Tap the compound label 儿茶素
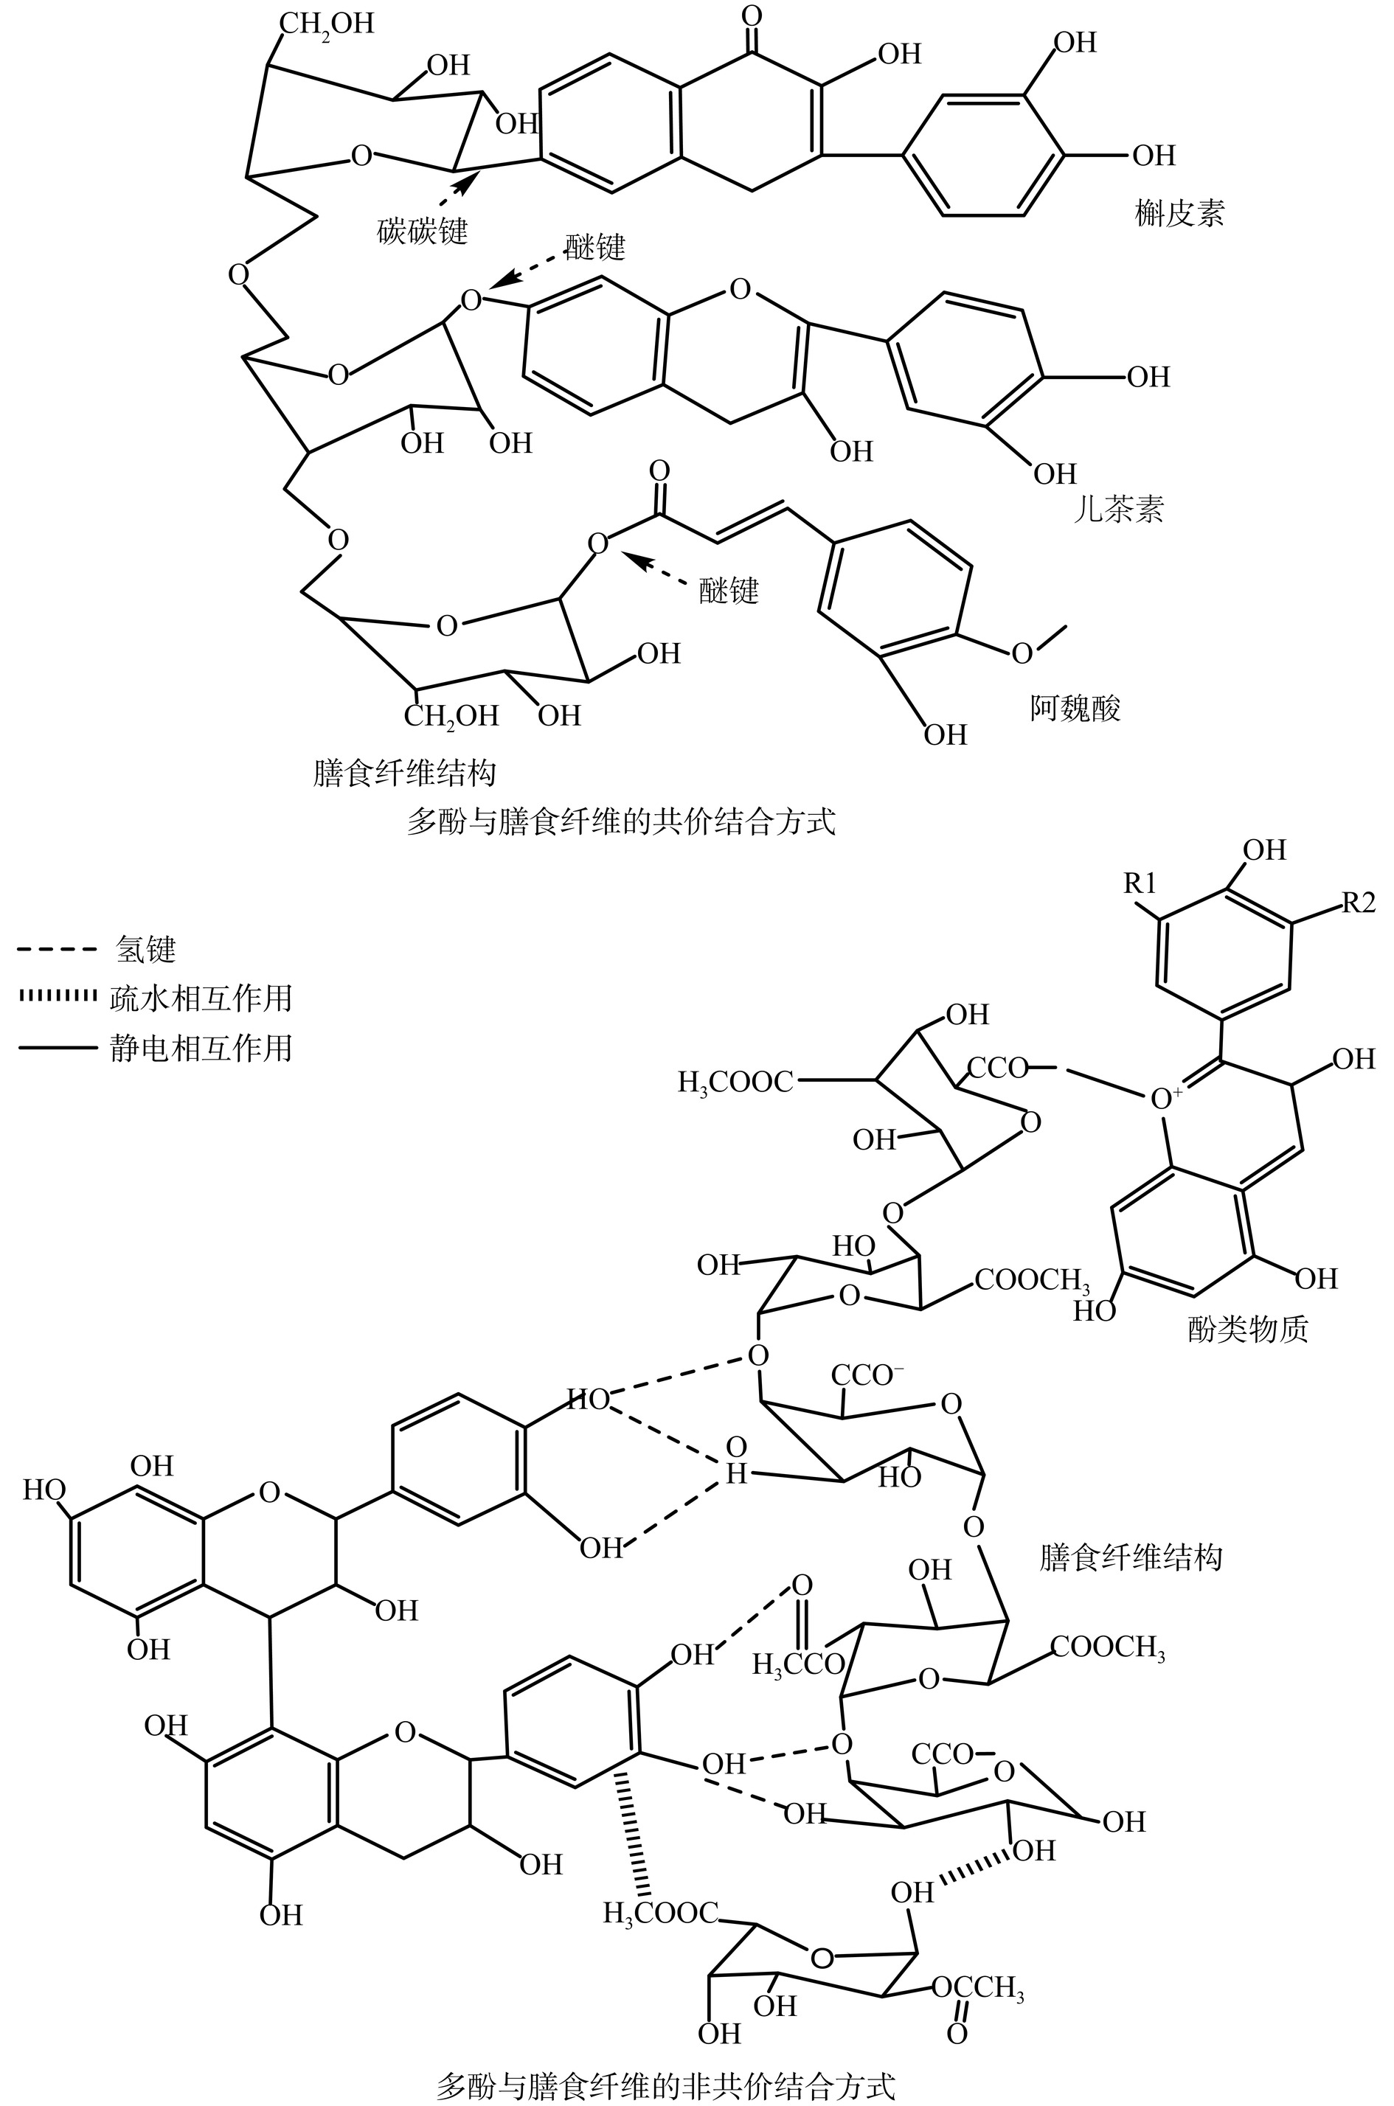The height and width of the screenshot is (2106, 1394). click(1118, 510)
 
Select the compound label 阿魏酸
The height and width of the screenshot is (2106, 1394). click(1075, 708)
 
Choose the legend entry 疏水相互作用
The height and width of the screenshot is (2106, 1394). click(201, 998)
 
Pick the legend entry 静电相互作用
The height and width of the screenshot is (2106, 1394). click(201, 1048)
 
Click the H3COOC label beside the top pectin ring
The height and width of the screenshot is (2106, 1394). click(735, 1082)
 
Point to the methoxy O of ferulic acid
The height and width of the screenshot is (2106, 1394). click(1023, 653)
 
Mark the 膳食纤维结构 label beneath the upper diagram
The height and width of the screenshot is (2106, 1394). click(403, 772)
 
